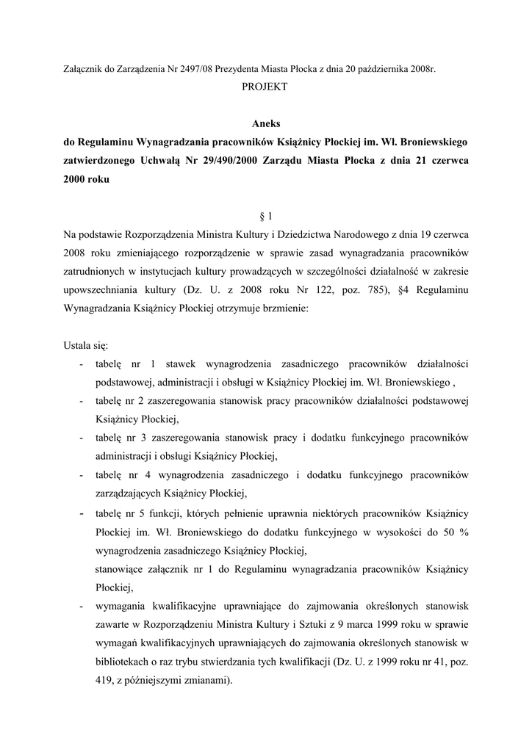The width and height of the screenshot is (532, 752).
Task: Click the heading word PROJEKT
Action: coord(265,87)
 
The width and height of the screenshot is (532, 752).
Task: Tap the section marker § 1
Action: coord(265,216)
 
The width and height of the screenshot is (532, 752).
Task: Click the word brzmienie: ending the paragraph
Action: coord(287,308)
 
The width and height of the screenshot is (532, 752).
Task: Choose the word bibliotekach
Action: coord(125,662)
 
